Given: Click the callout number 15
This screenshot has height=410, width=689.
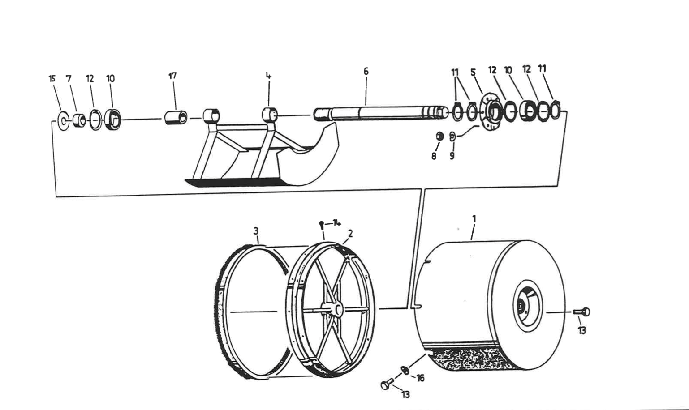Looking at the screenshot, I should [x=52, y=79].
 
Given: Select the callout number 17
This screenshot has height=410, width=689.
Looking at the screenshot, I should [x=172, y=76].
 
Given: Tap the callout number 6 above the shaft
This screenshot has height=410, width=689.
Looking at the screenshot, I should [x=366, y=71].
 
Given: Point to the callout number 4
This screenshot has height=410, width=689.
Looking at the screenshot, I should [x=269, y=76].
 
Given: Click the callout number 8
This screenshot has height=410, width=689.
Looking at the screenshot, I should [x=434, y=157].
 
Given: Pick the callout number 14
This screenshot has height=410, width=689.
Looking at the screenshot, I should [x=336, y=222].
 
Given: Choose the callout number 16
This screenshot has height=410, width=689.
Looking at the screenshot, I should [x=420, y=378].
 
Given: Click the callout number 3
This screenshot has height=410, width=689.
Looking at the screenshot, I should [x=256, y=231].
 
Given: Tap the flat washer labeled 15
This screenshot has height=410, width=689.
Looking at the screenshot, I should [x=63, y=120].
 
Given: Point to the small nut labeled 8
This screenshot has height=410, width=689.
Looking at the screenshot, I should [x=440, y=136].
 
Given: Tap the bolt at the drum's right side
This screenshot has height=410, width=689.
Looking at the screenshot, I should [x=582, y=312].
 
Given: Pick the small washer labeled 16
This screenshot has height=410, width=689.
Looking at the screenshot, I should [x=405, y=369].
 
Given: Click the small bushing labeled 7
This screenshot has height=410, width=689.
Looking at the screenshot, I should [x=79, y=120].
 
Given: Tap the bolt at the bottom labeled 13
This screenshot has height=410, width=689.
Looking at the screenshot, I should [x=386, y=384].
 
